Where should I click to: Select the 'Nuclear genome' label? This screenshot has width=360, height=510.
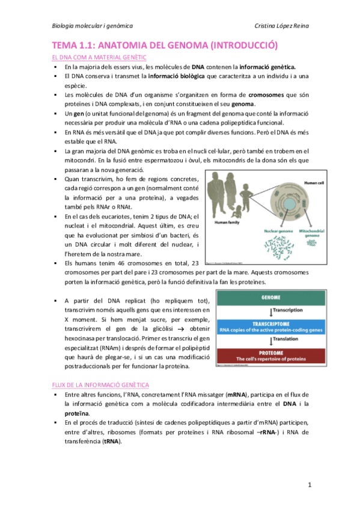click(x=261, y=230)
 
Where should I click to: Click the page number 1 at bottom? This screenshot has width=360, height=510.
click(x=309, y=484)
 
